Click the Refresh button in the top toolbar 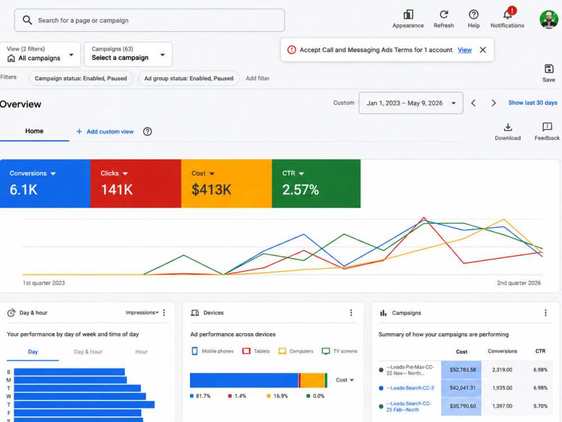pos(444,19)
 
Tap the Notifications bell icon pos(507,15)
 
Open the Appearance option pos(408,19)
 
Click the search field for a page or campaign pos(149,20)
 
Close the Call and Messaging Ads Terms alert pos(483,50)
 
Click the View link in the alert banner pos(465,50)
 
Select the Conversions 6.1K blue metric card pos(45,183)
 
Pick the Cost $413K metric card pos(226,183)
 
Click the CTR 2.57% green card pos(316,183)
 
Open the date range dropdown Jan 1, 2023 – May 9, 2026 pos(411,103)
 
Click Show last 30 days pos(533,102)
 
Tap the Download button pos(508,132)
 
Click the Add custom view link pos(105,132)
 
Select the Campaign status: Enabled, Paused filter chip pos(80,78)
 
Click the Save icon pos(549,73)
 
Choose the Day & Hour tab pos(88,352)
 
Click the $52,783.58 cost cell pos(463,370)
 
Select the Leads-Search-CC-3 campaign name pos(410,388)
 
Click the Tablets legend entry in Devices pos(256,351)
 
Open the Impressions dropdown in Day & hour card pos(142,312)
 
